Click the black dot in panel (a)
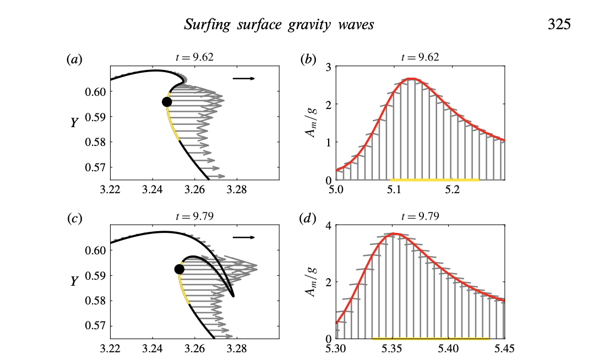(x=167, y=102)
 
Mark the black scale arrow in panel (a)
(x=243, y=79)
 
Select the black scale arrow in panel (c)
(x=243, y=237)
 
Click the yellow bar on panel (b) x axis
(x=434, y=179)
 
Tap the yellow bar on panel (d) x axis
(x=431, y=339)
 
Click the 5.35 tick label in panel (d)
(x=393, y=349)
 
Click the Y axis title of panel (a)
(x=74, y=123)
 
